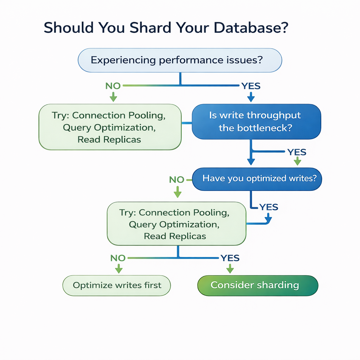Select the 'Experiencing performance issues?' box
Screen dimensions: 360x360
[180, 60]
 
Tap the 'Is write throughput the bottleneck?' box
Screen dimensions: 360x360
[256, 121]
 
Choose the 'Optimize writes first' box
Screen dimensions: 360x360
[116, 285]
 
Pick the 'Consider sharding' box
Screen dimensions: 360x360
[258, 285]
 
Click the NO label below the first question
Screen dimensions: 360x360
[113, 86]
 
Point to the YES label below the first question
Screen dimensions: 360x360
[250, 86]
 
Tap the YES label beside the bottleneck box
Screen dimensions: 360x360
[297, 152]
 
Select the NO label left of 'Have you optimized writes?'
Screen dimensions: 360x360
[176, 180]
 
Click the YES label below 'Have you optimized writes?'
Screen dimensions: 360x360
[269, 207]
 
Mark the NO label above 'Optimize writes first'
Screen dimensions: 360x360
[118, 258]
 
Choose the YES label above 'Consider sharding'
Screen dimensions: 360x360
[230, 258]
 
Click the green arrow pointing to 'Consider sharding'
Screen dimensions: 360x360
[230, 269]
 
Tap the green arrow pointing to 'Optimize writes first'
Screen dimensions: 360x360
[118, 269]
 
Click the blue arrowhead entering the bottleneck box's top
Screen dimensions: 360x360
[251, 97]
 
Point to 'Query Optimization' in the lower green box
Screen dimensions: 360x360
[174, 224]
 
